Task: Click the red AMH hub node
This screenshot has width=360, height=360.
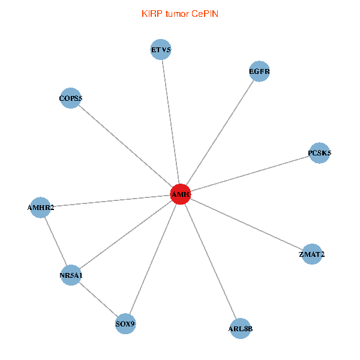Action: (181, 194)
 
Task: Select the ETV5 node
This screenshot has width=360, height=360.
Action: (161, 49)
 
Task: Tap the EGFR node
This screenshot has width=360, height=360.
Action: (259, 71)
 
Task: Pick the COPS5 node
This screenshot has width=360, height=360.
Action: (71, 98)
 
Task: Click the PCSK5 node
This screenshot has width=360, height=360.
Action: (319, 153)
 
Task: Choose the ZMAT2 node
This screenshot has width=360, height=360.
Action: (311, 254)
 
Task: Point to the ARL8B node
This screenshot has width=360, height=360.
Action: (240, 328)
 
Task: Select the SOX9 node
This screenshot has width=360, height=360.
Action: (125, 324)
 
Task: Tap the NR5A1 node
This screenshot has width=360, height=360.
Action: (71, 275)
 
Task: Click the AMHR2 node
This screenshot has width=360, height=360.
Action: (40, 208)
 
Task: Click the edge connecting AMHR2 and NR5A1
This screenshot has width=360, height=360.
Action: (55, 241)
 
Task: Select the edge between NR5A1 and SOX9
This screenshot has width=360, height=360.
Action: (98, 299)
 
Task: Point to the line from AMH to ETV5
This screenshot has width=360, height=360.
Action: (171, 122)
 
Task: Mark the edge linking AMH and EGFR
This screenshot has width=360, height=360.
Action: (220, 133)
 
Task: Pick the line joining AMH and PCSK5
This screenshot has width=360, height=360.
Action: (250, 174)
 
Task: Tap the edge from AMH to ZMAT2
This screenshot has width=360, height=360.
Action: (246, 224)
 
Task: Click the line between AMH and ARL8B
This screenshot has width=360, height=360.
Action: (210, 261)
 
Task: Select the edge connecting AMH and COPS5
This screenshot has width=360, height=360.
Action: (126, 146)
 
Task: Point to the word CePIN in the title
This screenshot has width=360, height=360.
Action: (205, 13)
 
